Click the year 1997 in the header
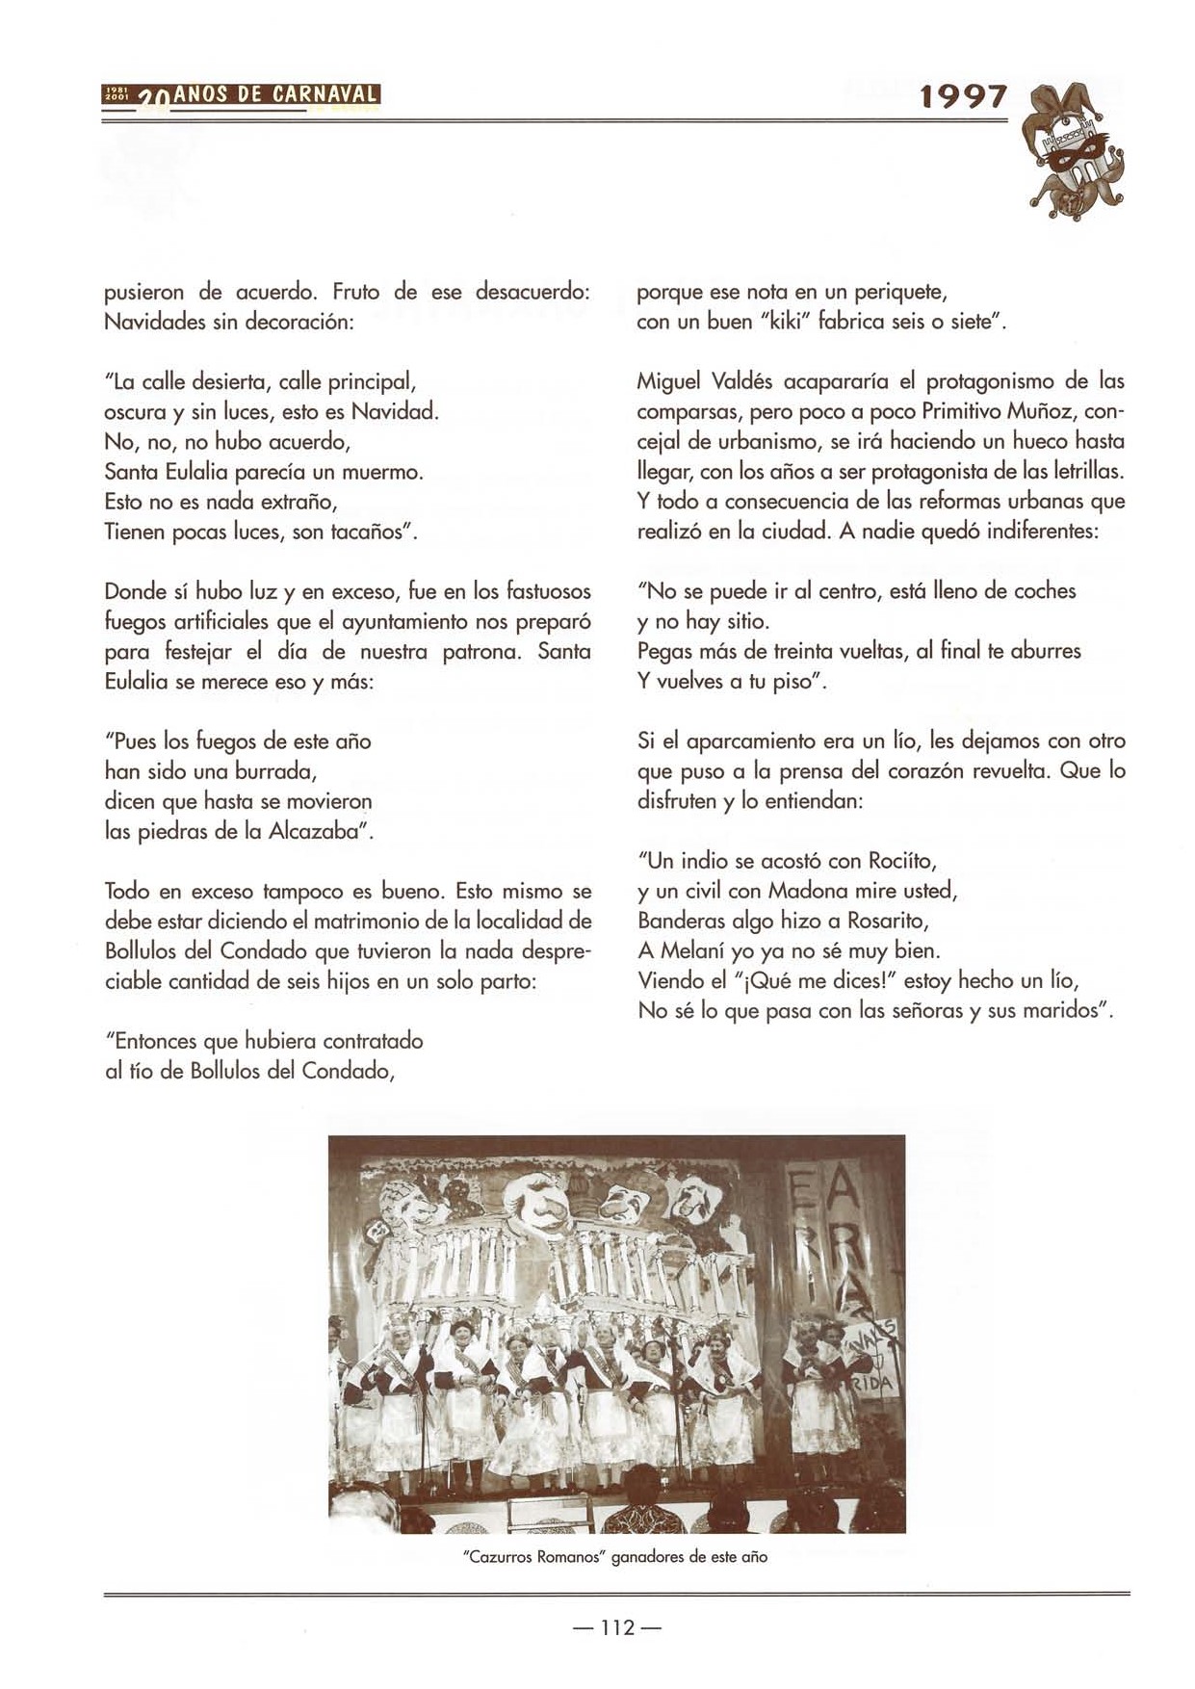[963, 96]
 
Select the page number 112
[616, 1627]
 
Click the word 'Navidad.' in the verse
[395, 412]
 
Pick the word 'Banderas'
[682, 921]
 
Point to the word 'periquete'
[901, 292]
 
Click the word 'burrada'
[274, 771]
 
